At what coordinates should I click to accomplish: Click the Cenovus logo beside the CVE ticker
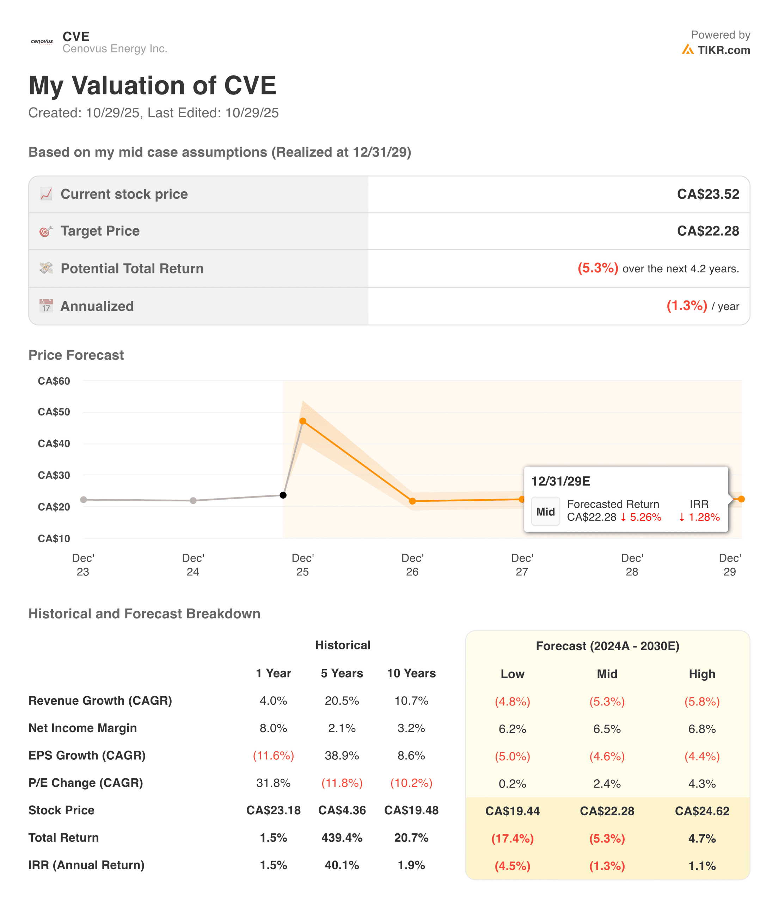coord(42,42)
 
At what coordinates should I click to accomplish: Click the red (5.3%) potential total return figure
coord(597,268)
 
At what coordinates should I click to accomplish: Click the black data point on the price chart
coord(283,495)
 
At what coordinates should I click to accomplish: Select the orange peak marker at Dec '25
coord(303,421)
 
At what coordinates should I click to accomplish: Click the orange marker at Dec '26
coord(412,501)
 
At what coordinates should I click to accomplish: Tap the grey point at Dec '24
coord(193,501)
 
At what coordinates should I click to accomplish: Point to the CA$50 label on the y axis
coord(54,412)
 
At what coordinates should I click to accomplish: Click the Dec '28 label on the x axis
coord(632,564)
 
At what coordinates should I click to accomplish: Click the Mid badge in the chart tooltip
coord(545,512)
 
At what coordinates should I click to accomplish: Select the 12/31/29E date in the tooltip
coord(560,481)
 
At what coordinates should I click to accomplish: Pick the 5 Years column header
coord(342,673)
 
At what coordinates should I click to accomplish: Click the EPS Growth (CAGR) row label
coord(87,755)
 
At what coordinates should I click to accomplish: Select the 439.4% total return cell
coord(342,838)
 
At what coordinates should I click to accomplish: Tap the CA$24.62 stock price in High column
coord(702,811)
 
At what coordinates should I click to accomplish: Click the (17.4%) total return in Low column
coord(512,839)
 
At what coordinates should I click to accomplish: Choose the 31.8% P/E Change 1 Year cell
coord(274,783)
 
